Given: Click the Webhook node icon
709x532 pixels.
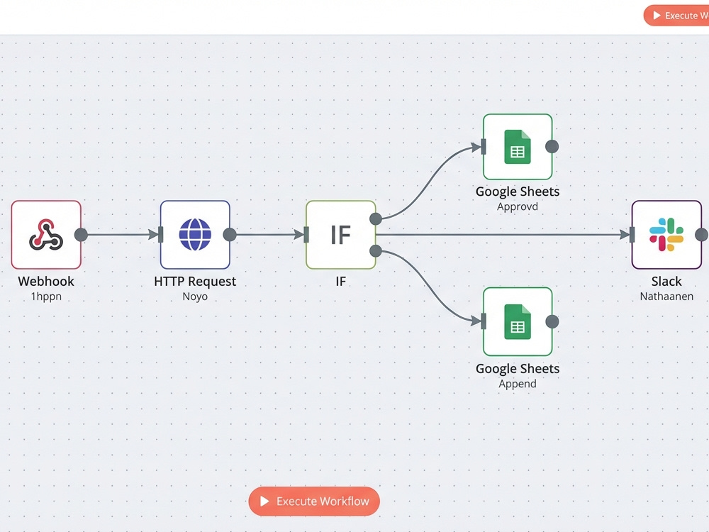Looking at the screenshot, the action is pos(46,235).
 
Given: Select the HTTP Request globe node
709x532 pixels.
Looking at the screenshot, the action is pos(195,235).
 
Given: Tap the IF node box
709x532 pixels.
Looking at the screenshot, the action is pos(341,235).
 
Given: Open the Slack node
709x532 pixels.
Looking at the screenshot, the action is pos(666,235).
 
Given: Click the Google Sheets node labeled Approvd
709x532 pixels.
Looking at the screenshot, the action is pos(518,147).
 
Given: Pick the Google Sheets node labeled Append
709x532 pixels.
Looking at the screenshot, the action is pos(518,321).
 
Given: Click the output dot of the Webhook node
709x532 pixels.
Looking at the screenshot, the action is pos(81,235).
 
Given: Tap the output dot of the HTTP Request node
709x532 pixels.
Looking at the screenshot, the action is pos(230,235).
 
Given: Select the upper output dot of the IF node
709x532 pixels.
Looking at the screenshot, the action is pos(376,219).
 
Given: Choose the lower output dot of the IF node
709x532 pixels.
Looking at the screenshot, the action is pos(376,251).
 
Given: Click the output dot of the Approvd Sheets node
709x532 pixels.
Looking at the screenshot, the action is pos(552,147).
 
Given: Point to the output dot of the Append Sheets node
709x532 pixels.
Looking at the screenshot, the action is pos(552,321).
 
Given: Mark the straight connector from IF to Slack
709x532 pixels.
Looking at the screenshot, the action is pos(503,235).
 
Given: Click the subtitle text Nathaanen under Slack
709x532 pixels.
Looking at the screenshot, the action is pos(666,297).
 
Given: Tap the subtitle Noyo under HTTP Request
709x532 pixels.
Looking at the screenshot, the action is pos(195,297).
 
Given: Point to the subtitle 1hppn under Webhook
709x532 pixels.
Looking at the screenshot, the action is pos(46,297).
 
